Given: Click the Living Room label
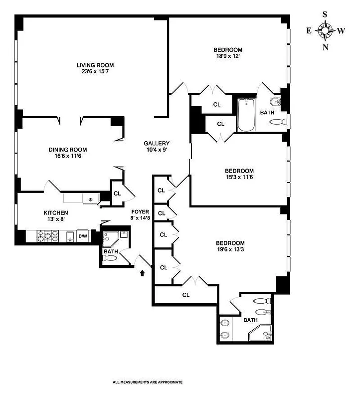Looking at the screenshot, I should click(x=95, y=65).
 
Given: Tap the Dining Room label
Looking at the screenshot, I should click(x=68, y=150).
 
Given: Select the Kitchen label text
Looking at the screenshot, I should click(x=55, y=213).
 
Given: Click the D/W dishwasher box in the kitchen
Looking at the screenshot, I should click(x=83, y=236).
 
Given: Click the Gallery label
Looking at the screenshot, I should click(x=157, y=143).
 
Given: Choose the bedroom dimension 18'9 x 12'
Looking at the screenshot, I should click(x=228, y=57).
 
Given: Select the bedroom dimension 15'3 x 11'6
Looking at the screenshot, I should click(x=239, y=178).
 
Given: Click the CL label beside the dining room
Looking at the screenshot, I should click(x=117, y=194).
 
